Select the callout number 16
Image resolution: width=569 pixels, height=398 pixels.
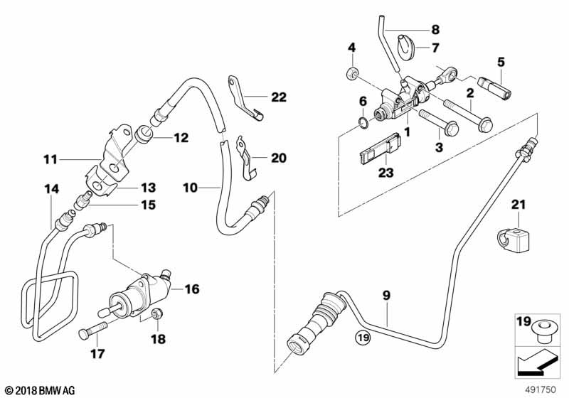pos(191,289)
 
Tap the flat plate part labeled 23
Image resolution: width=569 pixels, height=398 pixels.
pos(377,151)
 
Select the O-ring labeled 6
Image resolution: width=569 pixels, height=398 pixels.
pos(363,124)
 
